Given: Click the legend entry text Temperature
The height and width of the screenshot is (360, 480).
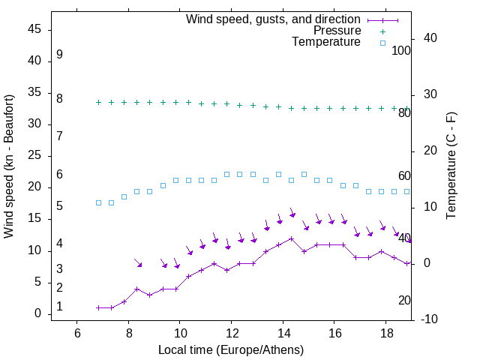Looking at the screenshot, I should pyautogui.click(x=326, y=42).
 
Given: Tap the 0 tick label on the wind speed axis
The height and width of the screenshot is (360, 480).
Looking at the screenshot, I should pyautogui.click(x=38, y=314).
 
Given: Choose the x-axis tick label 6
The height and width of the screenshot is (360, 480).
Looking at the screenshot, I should pyautogui.click(x=77, y=334).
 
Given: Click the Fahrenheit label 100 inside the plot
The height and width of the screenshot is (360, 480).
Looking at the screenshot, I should pyautogui.click(x=401, y=50).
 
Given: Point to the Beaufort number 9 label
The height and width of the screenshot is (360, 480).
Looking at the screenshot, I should pyautogui.click(x=59, y=55).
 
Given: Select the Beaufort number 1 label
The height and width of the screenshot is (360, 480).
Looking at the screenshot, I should pyautogui.click(x=59, y=307).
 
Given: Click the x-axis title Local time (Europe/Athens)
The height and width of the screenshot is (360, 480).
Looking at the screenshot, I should pyautogui.click(x=231, y=350).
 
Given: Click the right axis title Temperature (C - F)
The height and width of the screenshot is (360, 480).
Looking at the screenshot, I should pyautogui.click(x=451, y=166).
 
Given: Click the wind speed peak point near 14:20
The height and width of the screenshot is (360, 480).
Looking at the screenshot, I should pyautogui.click(x=291, y=238).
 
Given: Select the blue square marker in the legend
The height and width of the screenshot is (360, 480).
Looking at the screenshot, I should pyautogui.click(x=382, y=43).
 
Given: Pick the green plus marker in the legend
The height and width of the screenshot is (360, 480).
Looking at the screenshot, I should pyautogui.click(x=382, y=31).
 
